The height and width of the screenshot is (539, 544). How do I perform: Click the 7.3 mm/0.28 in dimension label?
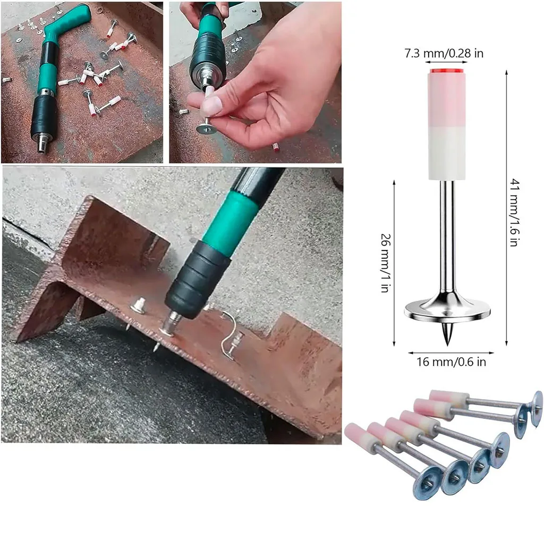click(x=444, y=53)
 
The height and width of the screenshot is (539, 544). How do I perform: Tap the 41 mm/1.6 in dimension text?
click(x=514, y=213)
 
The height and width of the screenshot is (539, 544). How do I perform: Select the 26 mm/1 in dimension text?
click(x=386, y=263)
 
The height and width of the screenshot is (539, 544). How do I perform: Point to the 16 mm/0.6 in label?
click(x=451, y=362)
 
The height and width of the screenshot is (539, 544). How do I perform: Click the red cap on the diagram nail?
click(x=447, y=71)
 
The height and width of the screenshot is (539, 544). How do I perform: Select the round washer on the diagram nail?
click(x=447, y=310)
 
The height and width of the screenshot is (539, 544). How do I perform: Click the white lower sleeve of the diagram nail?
click(x=447, y=153)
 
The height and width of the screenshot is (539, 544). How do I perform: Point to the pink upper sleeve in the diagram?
click(x=447, y=100)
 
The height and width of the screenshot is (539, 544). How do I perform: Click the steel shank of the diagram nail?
click(x=447, y=240)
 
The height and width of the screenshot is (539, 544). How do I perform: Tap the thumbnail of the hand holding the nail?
click(x=212, y=104)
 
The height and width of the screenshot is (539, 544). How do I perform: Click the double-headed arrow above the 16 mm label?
click(x=451, y=353)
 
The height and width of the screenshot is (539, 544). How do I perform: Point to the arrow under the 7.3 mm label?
click(x=446, y=63)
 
